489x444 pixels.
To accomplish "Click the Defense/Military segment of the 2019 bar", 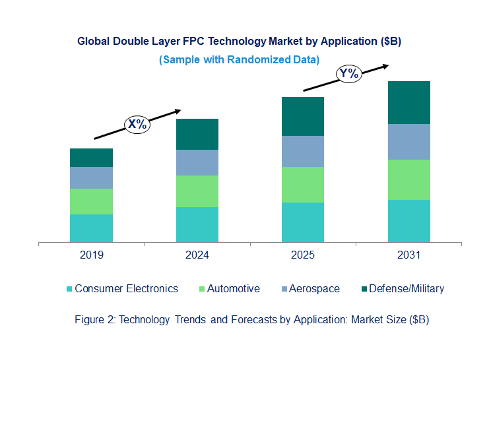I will click(x=91, y=158).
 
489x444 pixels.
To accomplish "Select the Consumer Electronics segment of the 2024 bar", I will click(x=197, y=225).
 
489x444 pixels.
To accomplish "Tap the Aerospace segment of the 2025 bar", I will click(x=303, y=152).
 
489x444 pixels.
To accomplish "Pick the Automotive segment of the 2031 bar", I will click(x=408, y=179).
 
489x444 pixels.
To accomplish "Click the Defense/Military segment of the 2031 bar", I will click(x=408, y=103).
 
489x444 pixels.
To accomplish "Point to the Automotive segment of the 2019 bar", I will click(x=91, y=201).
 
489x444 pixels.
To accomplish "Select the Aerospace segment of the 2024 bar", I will click(x=197, y=162).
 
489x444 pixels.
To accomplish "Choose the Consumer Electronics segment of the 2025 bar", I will click(x=303, y=222).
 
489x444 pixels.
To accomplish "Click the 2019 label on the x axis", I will click(x=91, y=255).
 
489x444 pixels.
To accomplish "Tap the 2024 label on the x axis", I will click(x=197, y=255).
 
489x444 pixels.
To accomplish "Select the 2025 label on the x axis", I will click(x=303, y=255).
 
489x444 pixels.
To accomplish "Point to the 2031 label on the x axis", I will click(x=408, y=255).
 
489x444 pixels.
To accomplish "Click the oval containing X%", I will click(x=138, y=123).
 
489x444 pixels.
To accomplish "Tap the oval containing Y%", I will click(x=348, y=74).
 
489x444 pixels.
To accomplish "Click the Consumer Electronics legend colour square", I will click(x=69, y=289).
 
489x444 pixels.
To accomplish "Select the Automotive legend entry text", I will click(x=233, y=288).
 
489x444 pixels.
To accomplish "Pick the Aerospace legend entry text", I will click(x=313, y=288).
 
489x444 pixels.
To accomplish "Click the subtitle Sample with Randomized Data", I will click(x=239, y=59).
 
